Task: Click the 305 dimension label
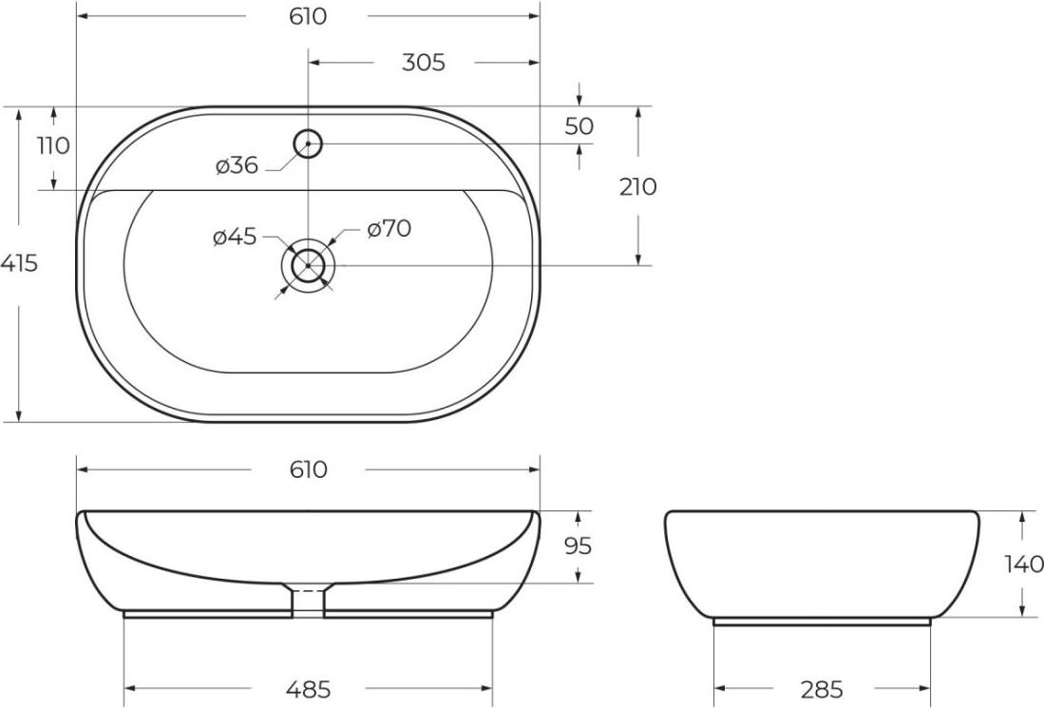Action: [424, 63]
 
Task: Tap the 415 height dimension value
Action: [19, 264]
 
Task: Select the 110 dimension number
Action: [53, 145]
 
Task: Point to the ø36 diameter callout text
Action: [237, 165]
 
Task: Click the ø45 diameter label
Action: [235, 237]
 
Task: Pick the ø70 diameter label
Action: [389, 229]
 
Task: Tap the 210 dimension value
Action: [637, 187]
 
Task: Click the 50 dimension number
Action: [579, 125]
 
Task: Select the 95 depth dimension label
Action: [578, 546]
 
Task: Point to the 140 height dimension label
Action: [1024, 564]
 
